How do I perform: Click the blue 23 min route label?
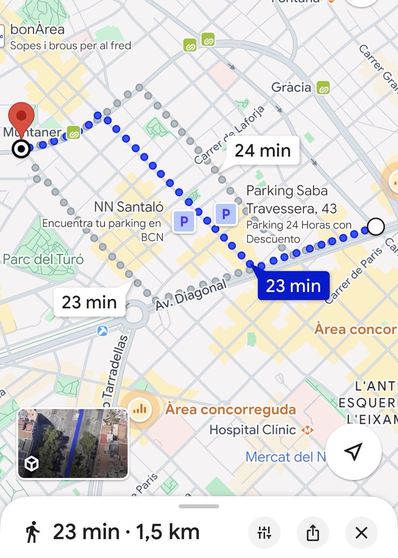click(x=293, y=286)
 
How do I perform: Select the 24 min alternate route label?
click(x=262, y=151)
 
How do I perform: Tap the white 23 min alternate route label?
click(x=89, y=302)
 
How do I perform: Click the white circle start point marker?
click(x=376, y=227)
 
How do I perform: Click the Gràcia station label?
click(x=292, y=87)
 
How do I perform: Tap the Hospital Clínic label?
click(x=252, y=430)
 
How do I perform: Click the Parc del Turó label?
click(x=43, y=259)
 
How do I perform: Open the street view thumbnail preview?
click(x=73, y=444)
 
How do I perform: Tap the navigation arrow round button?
click(x=353, y=451)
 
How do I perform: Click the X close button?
click(x=361, y=533)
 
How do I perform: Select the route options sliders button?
click(x=264, y=533)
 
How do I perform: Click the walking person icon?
click(x=32, y=532)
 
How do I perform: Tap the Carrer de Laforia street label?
click(x=230, y=135)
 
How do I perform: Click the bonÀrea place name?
click(x=37, y=30)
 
